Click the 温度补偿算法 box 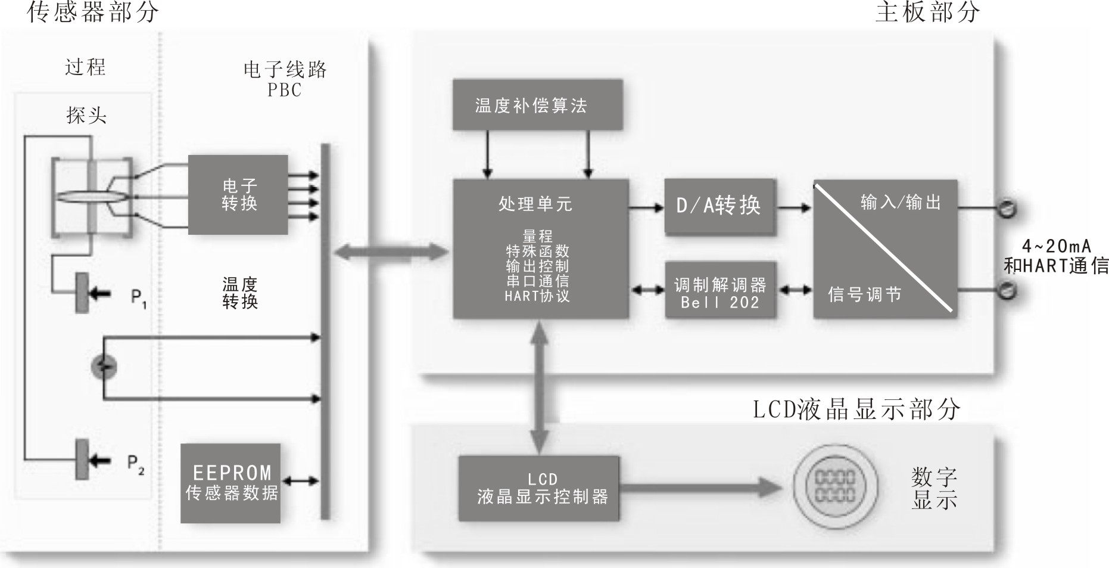(537, 105)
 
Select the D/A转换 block (719, 206)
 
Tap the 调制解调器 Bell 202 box (719, 293)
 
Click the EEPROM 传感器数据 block (230, 483)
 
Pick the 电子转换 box (238, 195)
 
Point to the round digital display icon (834, 486)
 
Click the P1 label (138, 297)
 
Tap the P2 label (136, 464)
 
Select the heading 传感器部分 (93, 12)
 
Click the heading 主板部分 (927, 12)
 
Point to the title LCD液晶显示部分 (856, 409)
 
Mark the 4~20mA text (1057, 246)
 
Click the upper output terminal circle (1007, 209)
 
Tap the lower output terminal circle (1007, 291)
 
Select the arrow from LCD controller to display (700, 488)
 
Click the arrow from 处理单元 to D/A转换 (646, 207)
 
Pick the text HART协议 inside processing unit (537, 296)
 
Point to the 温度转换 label (239, 293)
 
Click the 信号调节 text (864, 294)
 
